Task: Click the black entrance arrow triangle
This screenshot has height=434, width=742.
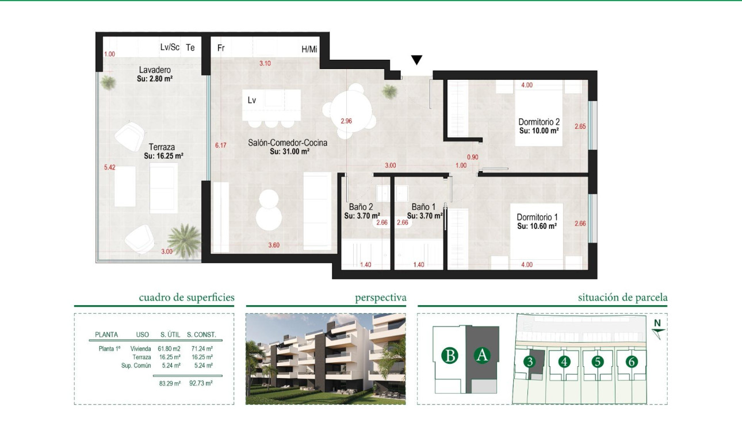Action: tap(417, 60)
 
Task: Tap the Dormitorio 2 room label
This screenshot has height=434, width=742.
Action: tap(539, 122)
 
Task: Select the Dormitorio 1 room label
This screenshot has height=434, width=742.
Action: tap(537, 217)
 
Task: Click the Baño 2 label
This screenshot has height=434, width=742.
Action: tap(361, 207)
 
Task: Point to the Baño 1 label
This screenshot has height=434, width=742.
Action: tap(424, 207)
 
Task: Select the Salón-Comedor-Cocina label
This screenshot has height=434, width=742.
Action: tap(288, 143)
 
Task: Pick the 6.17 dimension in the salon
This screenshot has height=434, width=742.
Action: tap(221, 145)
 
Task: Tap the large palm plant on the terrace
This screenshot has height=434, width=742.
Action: tap(184, 239)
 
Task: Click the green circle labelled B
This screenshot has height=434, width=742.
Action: tap(450, 356)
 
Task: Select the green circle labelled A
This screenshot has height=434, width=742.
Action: tap(482, 356)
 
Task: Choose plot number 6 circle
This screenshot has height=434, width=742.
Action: tap(632, 362)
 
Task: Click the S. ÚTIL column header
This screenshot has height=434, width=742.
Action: tap(171, 335)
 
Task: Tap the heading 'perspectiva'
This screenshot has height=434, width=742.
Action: tap(380, 298)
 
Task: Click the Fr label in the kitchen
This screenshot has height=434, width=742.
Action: tap(220, 48)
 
